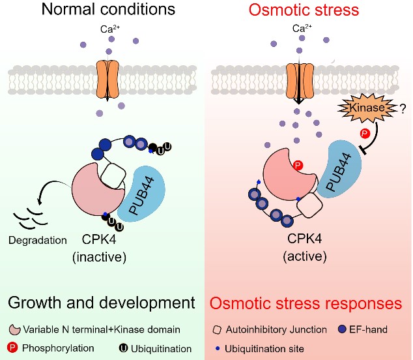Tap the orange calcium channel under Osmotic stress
click(x=297, y=76)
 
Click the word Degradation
click(x=38, y=240)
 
